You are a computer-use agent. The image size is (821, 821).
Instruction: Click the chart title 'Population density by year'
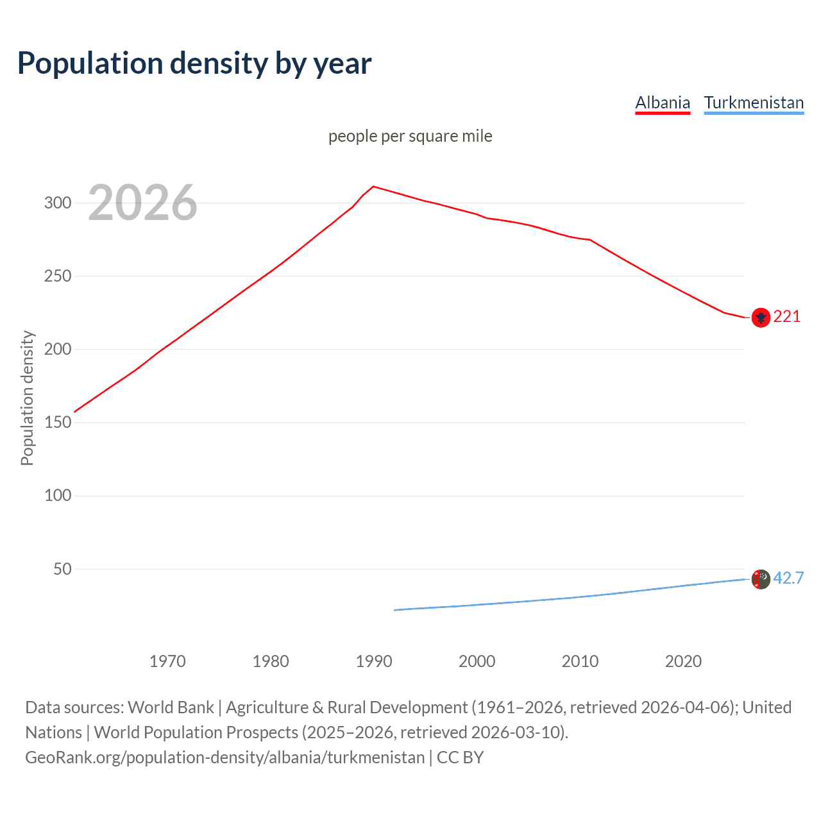pyautogui.click(x=194, y=63)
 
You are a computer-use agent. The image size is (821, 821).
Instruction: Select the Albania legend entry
pyautogui.click(x=663, y=103)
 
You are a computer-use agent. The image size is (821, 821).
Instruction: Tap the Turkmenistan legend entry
pyautogui.click(x=754, y=103)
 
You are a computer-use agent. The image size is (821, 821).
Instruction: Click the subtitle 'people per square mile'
pyautogui.click(x=410, y=136)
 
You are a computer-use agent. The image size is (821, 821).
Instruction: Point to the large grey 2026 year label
pyautogui.click(x=142, y=203)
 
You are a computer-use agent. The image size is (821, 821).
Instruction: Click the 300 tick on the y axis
pyautogui.click(x=57, y=203)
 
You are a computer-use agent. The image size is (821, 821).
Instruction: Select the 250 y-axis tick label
pyautogui.click(x=57, y=276)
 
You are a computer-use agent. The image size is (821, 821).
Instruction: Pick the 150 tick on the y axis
pyautogui.click(x=57, y=423)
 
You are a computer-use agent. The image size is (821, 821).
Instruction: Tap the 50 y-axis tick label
pyautogui.click(x=62, y=569)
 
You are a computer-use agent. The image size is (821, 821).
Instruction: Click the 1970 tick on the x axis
pyautogui.click(x=167, y=661)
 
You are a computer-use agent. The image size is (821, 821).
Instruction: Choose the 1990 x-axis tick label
pyautogui.click(x=374, y=661)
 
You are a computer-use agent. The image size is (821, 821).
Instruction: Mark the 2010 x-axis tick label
pyautogui.click(x=580, y=661)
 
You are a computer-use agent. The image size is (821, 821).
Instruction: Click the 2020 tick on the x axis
pyautogui.click(x=683, y=661)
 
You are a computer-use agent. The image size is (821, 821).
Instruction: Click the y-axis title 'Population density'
pyautogui.click(x=27, y=398)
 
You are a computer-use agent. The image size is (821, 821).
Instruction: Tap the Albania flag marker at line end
pyautogui.click(x=761, y=317)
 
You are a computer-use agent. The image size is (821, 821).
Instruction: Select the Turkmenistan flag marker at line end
pyautogui.click(x=761, y=579)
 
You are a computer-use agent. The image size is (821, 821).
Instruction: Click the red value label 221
pyautogui.click(x=787, y=317)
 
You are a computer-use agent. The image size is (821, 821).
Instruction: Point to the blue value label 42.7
pyautogui.click(x=788, y=579)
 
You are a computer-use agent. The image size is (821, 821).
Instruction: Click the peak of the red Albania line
pyautogui.click(x=374, y=187)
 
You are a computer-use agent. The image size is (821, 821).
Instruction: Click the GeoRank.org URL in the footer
pyautogui.click(x=224, y=758)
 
